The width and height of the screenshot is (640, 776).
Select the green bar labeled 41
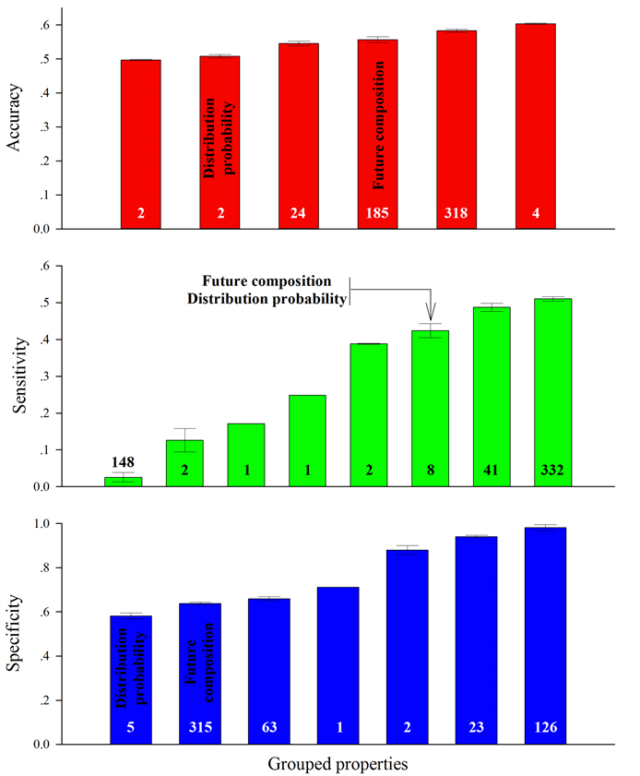click(492, 397)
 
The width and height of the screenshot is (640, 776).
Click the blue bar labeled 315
click(201, 674)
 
